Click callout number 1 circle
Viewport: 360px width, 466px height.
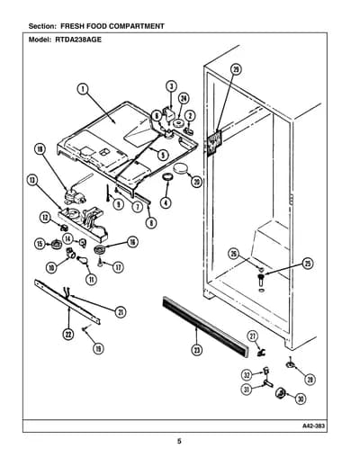[83, 89]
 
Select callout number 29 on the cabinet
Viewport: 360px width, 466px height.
[236, 69]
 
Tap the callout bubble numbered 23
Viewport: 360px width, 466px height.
[197, 350]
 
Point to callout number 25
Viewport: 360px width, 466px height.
[308, 264]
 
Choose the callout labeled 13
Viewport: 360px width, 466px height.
[32, 180]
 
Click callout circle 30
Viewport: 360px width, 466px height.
[301, 399]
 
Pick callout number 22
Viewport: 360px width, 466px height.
[68, 335]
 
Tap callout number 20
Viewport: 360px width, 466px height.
[197, 182]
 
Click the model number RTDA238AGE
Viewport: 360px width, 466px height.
[78, 40]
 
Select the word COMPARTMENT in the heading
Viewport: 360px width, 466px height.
[137, 26]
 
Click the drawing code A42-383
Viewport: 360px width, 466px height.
[313, 426]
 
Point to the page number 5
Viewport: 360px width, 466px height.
[179, 441]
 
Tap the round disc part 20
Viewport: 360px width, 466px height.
[180, 168]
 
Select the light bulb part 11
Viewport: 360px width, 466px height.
[82, 259]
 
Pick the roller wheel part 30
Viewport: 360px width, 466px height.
[280, 392]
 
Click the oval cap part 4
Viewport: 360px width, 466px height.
[167, 176]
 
